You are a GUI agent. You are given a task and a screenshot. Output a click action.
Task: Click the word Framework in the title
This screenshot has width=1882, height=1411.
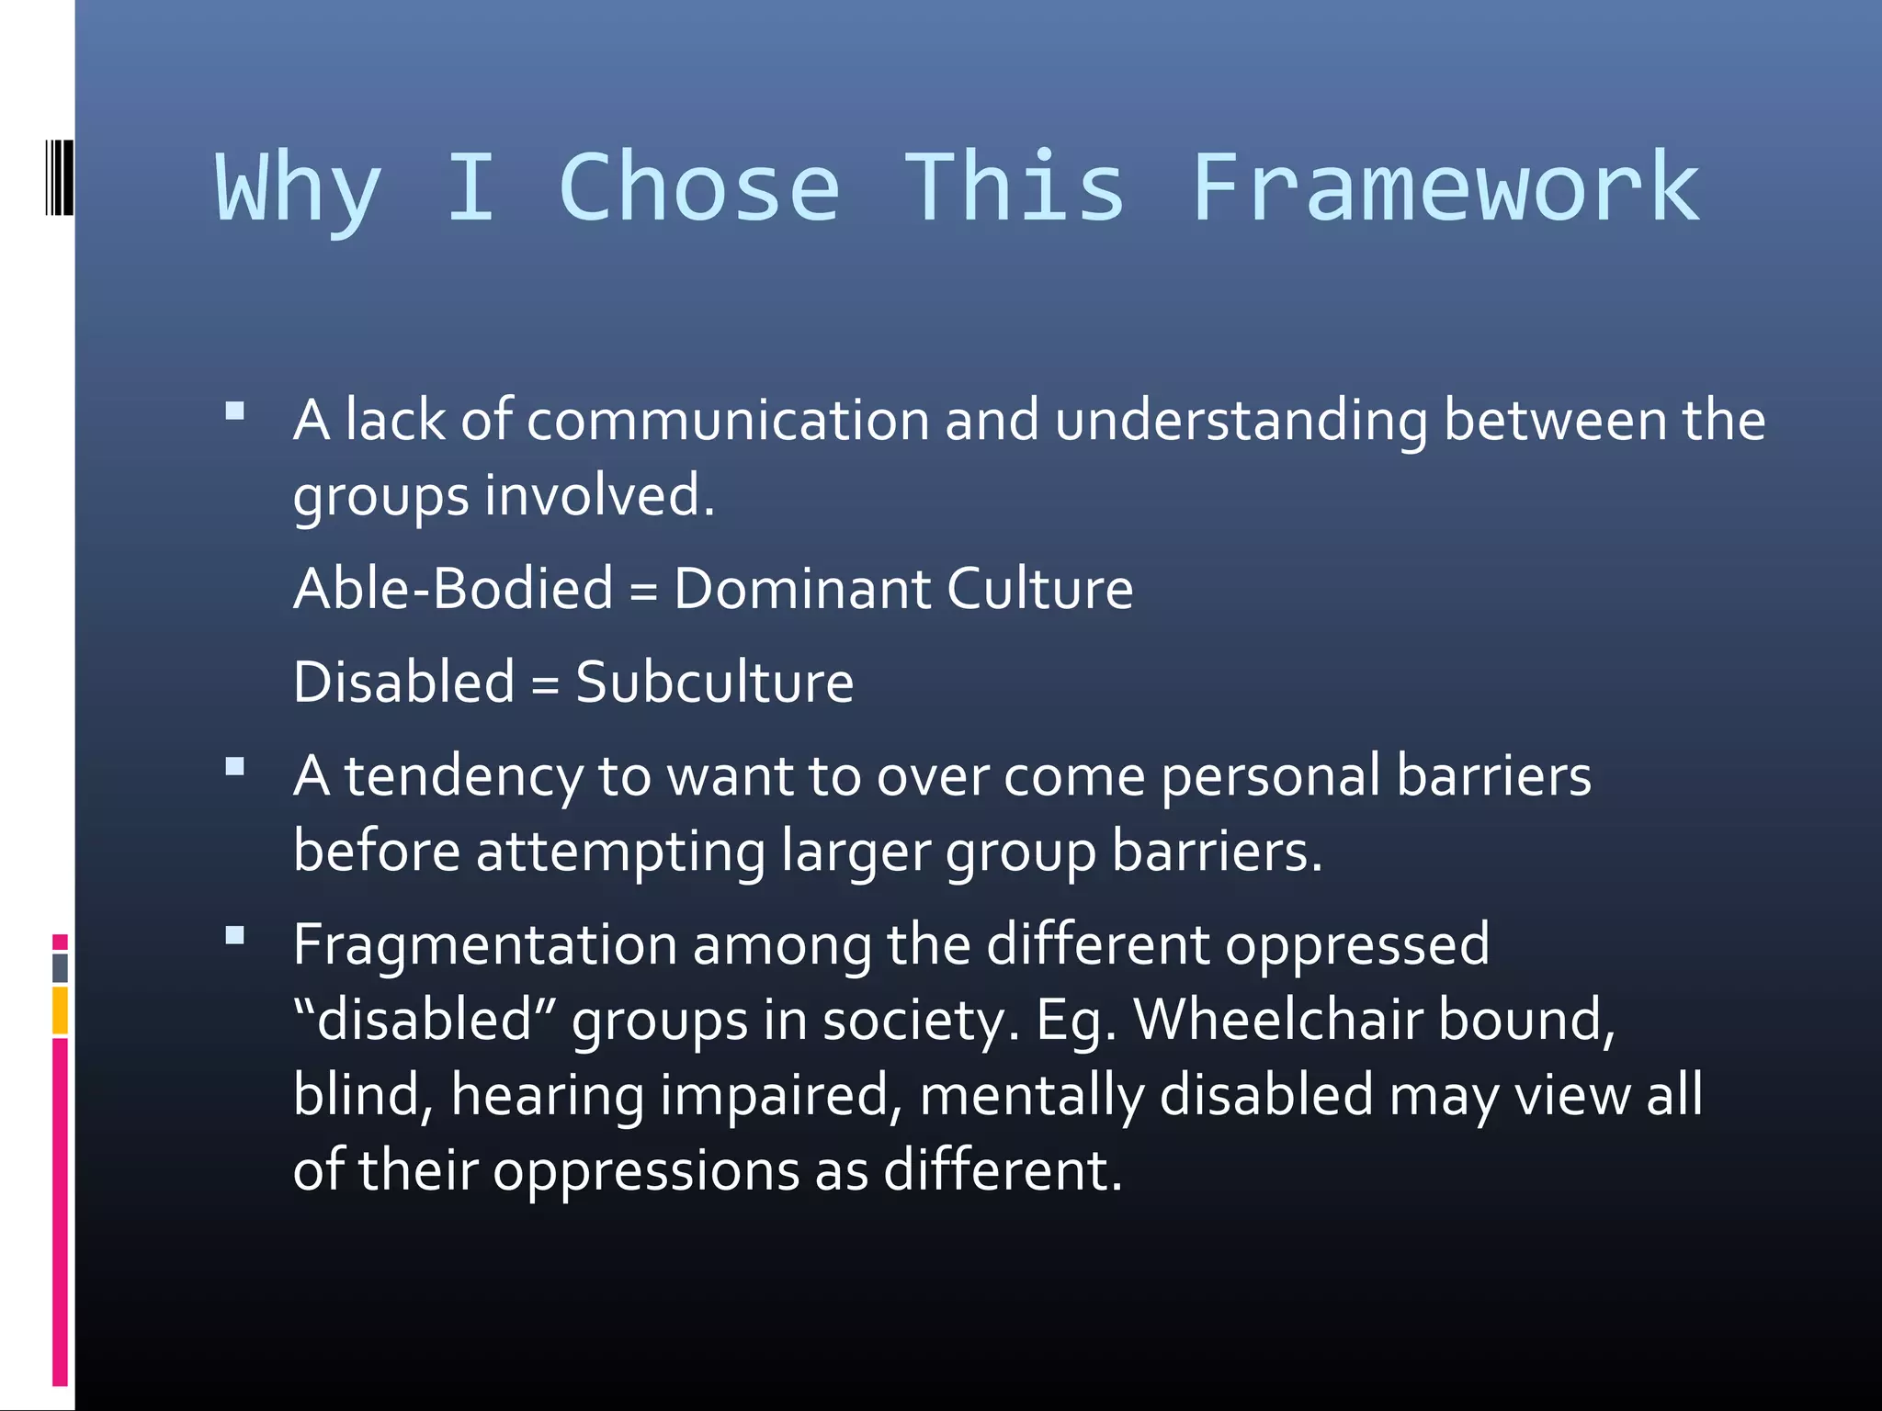click(x=1445, y=188)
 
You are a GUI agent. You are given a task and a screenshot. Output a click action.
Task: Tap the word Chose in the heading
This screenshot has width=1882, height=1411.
click(x=699, y=188)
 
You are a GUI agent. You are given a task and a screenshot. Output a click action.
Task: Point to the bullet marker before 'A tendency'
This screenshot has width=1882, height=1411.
click(x=235, y=766)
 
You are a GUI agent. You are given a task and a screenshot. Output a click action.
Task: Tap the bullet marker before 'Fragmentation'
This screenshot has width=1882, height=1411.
click(x=235, y=935)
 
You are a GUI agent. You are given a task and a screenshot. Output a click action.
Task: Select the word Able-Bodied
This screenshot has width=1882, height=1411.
click(x=453, y=589)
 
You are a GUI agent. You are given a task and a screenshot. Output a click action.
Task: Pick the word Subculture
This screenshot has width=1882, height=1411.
click(x=714, y=683)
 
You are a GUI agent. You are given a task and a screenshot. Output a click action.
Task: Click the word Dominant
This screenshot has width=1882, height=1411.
click(x=801, y=589)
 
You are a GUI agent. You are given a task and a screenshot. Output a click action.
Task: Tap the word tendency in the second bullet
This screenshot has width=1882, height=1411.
click(x=463, y=777)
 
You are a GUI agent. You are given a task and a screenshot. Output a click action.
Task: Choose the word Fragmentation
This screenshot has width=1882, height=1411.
click(x=484, y=945)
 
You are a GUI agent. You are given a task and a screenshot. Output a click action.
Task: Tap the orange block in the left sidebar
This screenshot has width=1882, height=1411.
click(x=60, y=1010)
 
